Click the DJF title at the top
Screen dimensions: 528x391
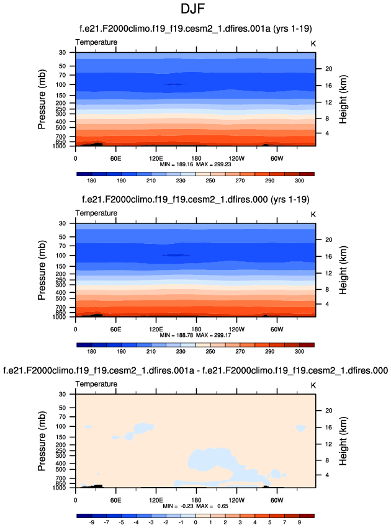pyautogui.click(x=195, y=11)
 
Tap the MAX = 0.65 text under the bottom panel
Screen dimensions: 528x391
pyautogui.click(x=209, y=506)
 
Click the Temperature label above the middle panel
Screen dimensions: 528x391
pyautogui.click(x=96, y=213)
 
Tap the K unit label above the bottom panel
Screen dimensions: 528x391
pyautogui.click(x=313, y=384)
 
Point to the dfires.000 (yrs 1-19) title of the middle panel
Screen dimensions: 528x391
pyautogui.click(x=195, y=199)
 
